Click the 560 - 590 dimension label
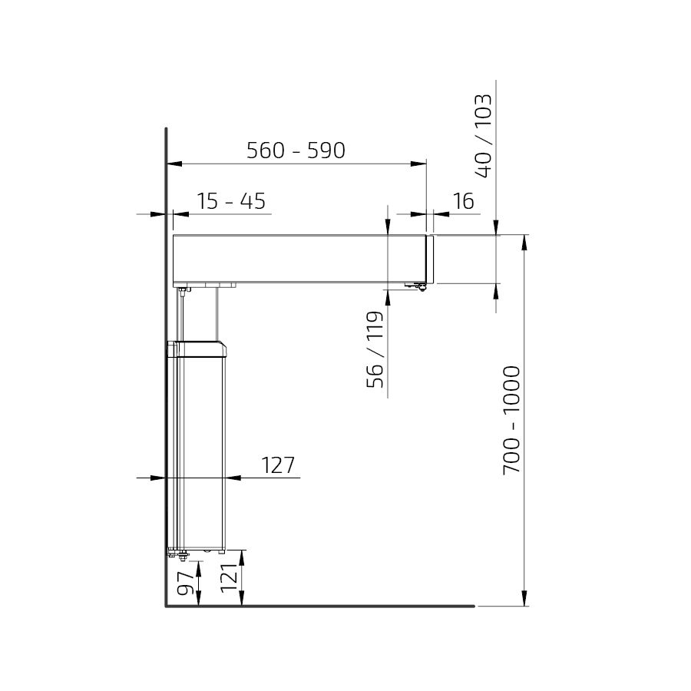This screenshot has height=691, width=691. pos(296,150)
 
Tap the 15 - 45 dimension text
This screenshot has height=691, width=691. pos(231,201)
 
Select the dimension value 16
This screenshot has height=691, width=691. pos(463,201)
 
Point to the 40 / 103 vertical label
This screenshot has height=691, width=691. pos(483,136)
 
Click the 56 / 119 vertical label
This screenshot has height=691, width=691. pos(375,349)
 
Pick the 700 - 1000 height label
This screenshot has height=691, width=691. pos(511,419)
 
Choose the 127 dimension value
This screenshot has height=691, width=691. pos(278,465)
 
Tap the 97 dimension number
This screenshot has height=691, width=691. pos(186,582)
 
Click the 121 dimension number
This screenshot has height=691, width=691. pos(229,578)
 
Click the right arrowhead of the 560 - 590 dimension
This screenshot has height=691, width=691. pos(418,164)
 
